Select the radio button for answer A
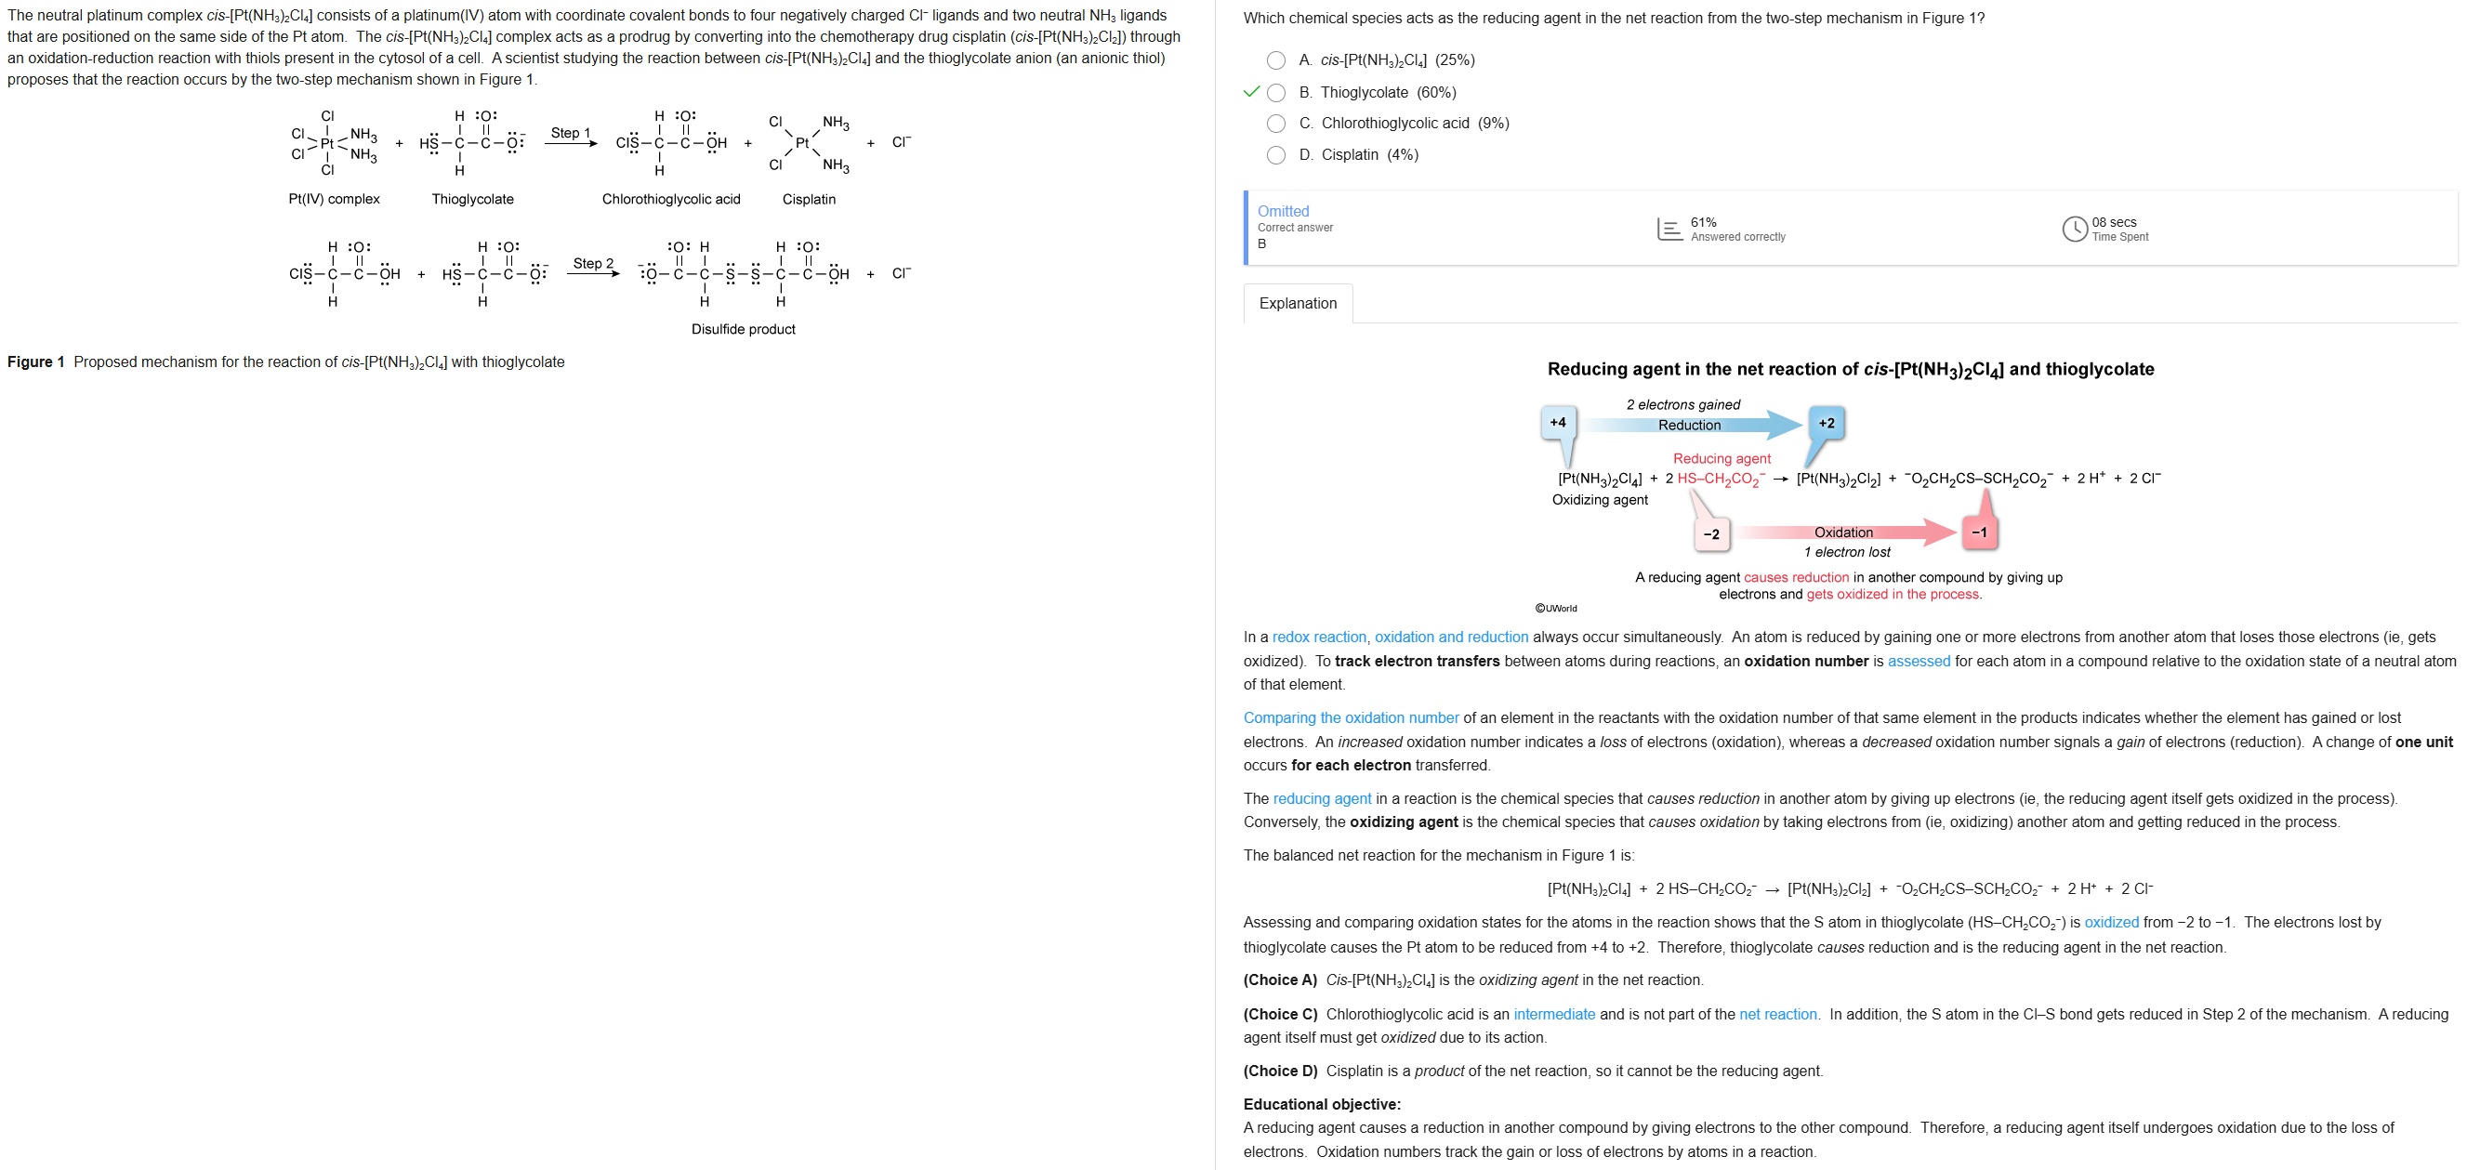coord(1275,60)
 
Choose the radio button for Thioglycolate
coord(1275,93)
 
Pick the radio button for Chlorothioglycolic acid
coord(1275,124)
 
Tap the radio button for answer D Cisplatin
coord(1275,155)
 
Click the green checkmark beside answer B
coord(1251,92)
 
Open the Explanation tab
coord(1297,304)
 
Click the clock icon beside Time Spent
coord(2074,229)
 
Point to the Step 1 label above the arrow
coord(570,133)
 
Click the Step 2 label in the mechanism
coord(593,263)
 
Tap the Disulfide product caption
coord(743,329)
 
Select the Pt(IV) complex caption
coord(334,199)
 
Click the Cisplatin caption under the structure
coord(809,199)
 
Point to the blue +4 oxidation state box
coord(1557,422)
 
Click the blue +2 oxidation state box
coord(1827,423)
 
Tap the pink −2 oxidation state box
coord(1710,534)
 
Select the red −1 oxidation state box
coord(1979,532)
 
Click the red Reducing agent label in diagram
coord(1721,459)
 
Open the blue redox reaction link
coord(1319,638)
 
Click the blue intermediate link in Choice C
coord(1553,1014)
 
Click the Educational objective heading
coord(1321,1104)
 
